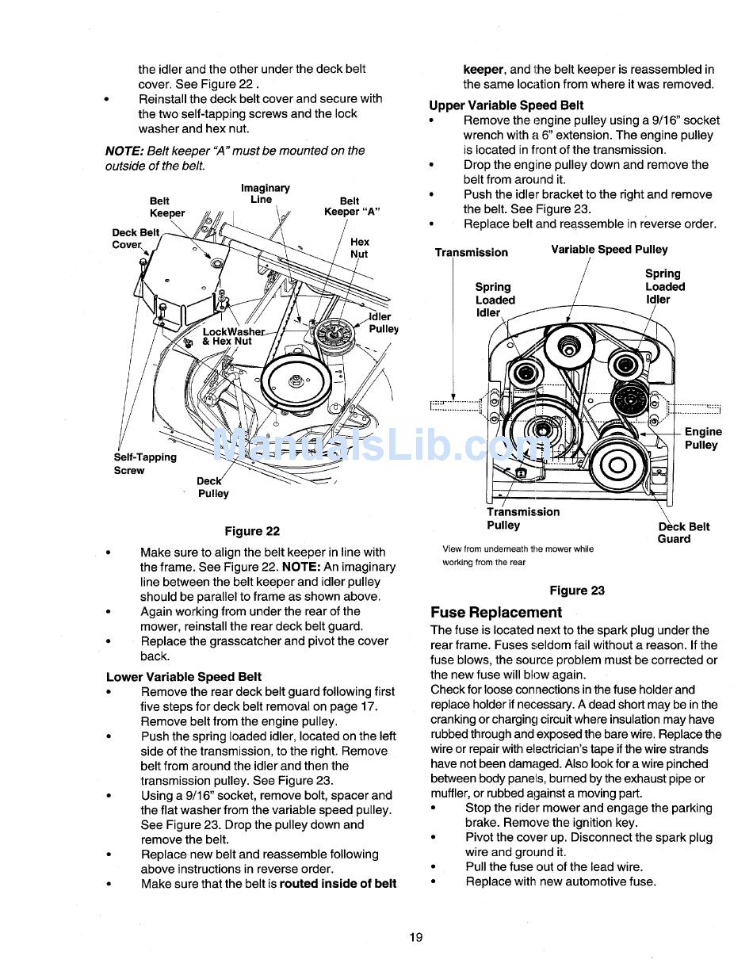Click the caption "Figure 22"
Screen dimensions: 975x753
click(x=252, y=531)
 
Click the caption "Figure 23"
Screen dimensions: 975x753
click(x=577, y=591)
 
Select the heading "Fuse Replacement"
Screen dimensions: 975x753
click(x=496, y=612)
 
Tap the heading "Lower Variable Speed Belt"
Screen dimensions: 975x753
click(x=184, y=677)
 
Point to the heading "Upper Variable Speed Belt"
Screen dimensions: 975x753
click(x=506, y=105)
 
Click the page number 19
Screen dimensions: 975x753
click(x=416, y=937)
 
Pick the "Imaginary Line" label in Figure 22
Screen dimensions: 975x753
click(x=265, y=193)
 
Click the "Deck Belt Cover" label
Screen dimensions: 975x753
click(x=135, y=239)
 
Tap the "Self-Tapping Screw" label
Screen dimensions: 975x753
click(x=145, y=464)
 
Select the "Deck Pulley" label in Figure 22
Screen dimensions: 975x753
click(x=212, y=487)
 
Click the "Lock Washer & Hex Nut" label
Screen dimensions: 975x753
click(x=231, y=336)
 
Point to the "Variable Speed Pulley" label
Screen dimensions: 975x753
click(x=610, y=249)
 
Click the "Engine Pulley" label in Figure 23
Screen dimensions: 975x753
click(x=702, y=438)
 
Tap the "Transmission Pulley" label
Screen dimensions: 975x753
click(x=522, y=518)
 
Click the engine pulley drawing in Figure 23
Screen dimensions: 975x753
click(x=621, y=463)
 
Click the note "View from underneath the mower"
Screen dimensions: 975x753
click(x=518, y=549)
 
